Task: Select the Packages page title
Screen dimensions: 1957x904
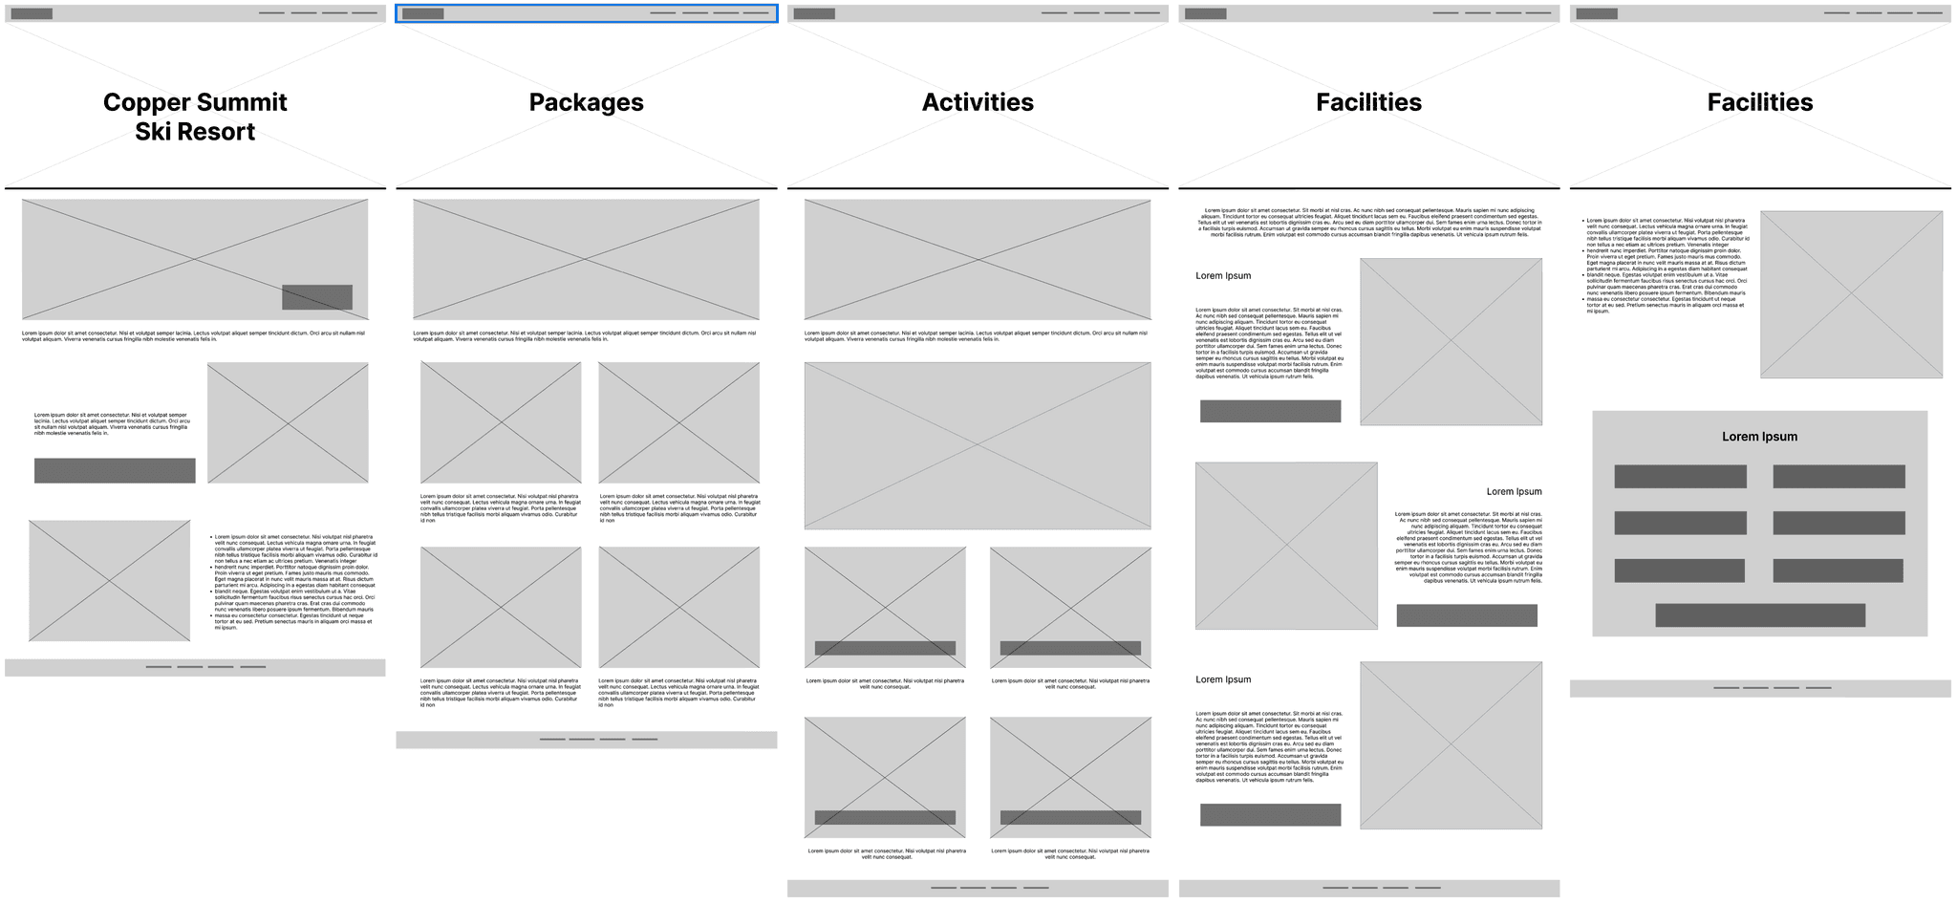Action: (586, 102)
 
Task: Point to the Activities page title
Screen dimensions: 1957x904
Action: (978, 102)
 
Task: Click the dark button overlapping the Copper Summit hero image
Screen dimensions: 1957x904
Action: (316, 297)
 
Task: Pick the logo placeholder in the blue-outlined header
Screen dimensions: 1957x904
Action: (422, 13)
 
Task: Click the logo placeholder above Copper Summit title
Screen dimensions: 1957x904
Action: (32, 13)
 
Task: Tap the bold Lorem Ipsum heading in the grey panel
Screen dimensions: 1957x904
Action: (1759, 437)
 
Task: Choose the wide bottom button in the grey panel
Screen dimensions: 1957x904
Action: (1759, 615)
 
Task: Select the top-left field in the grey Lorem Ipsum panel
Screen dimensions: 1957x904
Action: (1680, 477)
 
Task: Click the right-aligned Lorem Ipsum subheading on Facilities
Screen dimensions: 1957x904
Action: (1514, 492)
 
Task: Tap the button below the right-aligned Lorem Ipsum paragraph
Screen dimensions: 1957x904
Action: (1466, 615)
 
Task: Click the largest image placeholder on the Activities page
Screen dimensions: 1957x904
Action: (977, 445)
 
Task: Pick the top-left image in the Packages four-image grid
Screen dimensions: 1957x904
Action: (501, 422)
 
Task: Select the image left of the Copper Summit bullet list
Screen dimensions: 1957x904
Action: (109, 581)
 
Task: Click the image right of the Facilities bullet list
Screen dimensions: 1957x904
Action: (1851, 294)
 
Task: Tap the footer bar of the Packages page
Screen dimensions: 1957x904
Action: (586, 740)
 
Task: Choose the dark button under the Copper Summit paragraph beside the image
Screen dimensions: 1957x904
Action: (115, 470)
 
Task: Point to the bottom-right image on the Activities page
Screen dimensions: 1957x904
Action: (1070, 776)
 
